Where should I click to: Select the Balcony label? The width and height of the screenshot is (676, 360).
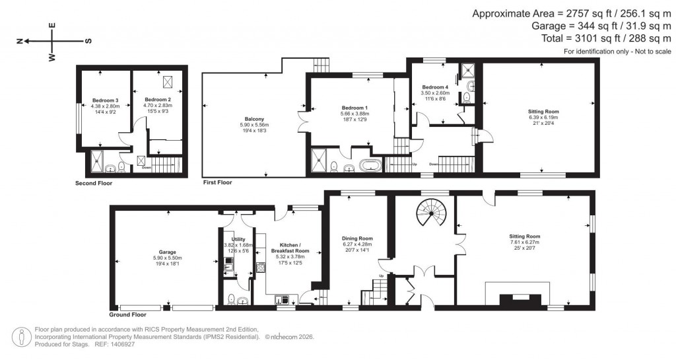point(253,119)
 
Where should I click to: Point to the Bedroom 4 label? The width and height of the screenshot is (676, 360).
point(435,87)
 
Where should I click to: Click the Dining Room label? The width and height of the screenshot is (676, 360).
point(357,238)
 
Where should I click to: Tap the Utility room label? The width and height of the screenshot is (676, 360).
point(238,239)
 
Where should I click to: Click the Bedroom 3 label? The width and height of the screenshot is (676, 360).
point(107,100)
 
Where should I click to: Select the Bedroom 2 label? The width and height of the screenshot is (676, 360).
point(158,100)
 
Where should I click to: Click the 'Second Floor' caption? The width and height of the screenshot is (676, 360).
point(94,183)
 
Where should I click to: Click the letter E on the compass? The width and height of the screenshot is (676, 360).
point(53,26)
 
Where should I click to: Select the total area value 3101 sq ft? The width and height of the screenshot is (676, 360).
point(581,39)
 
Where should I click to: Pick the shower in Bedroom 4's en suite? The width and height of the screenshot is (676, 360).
point(467,68)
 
